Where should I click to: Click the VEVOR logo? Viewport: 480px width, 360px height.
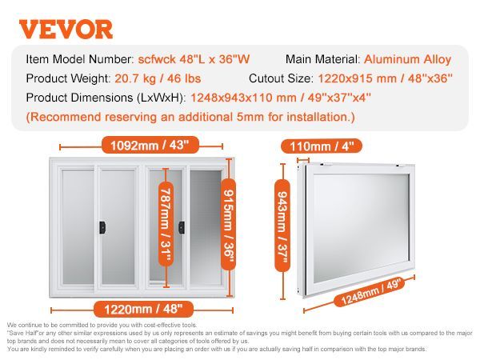pos(66,29)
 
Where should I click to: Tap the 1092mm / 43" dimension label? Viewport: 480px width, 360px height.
pos(150,145)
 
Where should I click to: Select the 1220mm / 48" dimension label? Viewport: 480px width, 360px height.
pos(143,309)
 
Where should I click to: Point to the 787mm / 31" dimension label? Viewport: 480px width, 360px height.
pos(166,225)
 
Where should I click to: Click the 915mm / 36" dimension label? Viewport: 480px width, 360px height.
pos(228,225)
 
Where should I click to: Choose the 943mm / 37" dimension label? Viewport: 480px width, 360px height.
pos(282,226)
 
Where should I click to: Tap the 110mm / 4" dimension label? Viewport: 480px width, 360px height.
pos(322,146)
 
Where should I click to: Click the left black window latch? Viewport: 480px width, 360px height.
pos(102,227)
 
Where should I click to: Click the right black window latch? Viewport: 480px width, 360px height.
pos(182,227)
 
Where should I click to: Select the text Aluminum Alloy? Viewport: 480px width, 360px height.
pos(407,59)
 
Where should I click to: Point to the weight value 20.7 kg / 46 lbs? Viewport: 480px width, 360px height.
pos(158,78)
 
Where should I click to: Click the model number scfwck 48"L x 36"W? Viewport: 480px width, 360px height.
pos(194,59)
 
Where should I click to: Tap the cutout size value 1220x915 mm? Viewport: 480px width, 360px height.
pos(357,78)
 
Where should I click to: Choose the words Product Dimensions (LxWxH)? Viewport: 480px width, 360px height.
pos(106,98)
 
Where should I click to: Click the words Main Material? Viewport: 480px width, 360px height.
pos(323,59)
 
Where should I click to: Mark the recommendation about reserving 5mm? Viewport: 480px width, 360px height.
pos(190,118)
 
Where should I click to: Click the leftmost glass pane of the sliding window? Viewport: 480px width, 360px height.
pos(78,227)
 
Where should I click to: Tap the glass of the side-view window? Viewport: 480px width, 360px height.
pos(362,228)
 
